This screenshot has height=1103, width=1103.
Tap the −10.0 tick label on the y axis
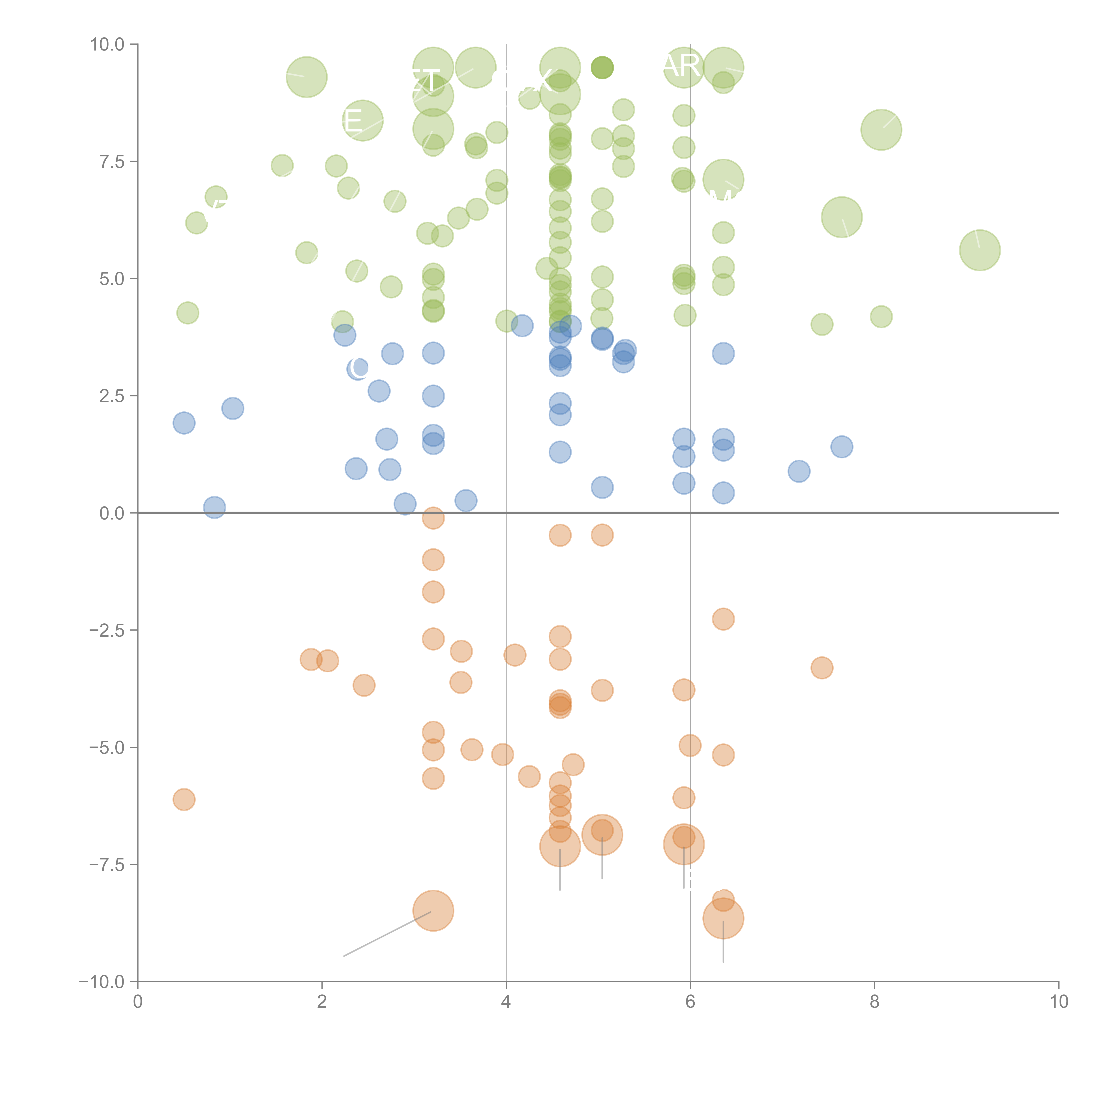pos(102,982)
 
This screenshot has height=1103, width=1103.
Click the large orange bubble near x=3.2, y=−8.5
pos(433,911)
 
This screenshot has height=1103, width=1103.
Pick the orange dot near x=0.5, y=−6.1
pos(184,799)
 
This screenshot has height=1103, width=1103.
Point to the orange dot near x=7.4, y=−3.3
pos(822,667)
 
